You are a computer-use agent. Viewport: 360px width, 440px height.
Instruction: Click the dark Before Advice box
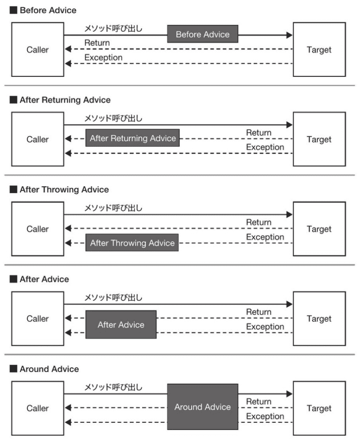[202, 35]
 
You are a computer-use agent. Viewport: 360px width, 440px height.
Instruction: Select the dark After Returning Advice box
[133, 138]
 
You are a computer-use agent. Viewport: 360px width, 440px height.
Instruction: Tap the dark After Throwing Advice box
[132, 243]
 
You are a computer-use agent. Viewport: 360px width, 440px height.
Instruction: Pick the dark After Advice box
[121, 325]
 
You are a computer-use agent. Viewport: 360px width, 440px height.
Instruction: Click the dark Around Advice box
[202, 407]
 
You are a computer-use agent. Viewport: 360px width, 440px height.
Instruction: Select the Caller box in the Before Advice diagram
[37, 50]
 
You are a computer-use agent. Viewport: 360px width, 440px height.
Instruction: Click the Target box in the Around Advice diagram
[319, 408]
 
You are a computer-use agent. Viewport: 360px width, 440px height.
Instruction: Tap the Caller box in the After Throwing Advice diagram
[37, 229]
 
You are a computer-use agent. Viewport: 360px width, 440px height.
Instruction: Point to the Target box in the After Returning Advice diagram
[319, 140]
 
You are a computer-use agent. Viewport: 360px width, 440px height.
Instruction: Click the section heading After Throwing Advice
[64, 189]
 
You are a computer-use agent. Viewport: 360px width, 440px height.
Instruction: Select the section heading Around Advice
[49, 369]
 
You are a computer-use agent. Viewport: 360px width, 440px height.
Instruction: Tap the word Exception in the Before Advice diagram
[103, 58]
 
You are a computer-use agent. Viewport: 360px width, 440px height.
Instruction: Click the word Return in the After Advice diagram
[259, 312]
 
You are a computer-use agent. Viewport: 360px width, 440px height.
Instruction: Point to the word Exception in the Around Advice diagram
[265, 416]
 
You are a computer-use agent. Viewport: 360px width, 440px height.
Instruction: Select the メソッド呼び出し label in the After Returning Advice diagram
[113, 118]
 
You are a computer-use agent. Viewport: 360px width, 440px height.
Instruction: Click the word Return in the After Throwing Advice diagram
[259, 222]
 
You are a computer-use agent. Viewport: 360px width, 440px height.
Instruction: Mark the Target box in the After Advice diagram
[319, 319]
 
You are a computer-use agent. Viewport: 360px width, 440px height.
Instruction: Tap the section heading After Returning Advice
[65, 99]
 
